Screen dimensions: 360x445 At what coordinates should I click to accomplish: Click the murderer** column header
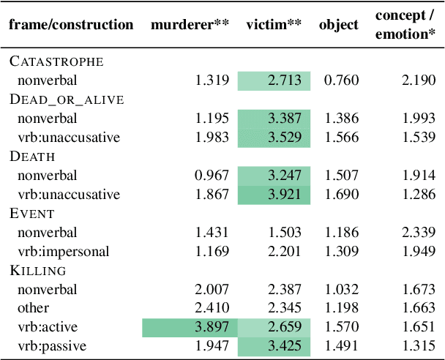pyautogui.click(x=190, y=25)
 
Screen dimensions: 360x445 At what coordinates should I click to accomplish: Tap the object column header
pyautogui.click(x=339, y=25)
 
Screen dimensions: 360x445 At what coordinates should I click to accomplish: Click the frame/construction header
pyautogui.click(x=71, y=25)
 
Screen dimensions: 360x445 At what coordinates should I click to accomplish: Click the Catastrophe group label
pyautogui.click(x=56, y=61)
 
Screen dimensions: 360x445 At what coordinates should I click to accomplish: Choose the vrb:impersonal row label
pyautogui.click(x=64, y=252)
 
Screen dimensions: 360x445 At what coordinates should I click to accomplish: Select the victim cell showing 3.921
pyautogui.click(x=285, y=195)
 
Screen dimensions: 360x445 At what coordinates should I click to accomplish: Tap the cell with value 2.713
pyautogui.click(x=285, y=80)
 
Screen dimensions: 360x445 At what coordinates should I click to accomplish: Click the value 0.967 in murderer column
pyautogui.click(x=212, y=176)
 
